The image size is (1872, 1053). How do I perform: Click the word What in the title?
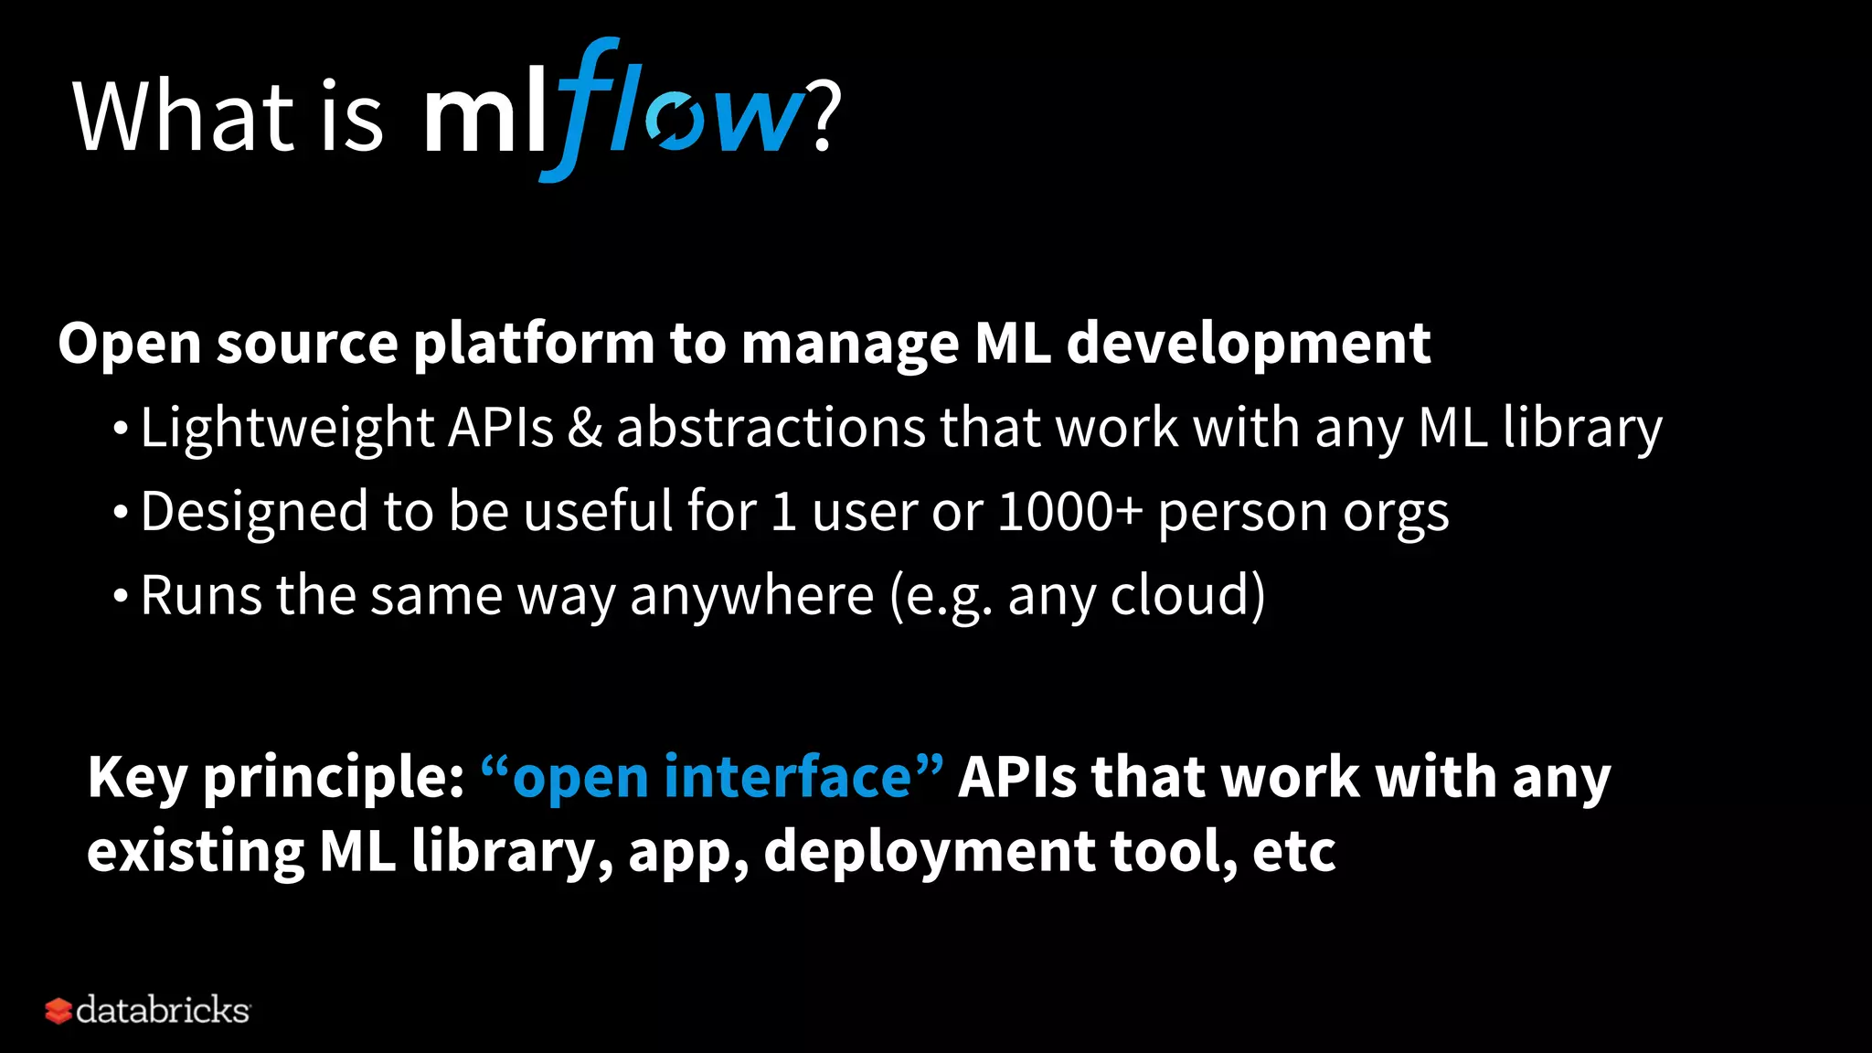pyautogui.click(x=183, y=117)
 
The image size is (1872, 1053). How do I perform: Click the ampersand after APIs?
pyautogui.click(x=584, y=428)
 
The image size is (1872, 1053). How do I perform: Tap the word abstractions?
pyautogui.click(x=771, y=428)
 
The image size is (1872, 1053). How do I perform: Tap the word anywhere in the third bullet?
pyautogui.click(x=751, y=597)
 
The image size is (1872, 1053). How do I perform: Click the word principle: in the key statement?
pyautogui.click(x=334, y=779)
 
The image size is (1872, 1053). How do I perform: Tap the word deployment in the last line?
pyautogui.click(x=929, y=852)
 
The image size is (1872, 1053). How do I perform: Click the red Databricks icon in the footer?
pyautogui.click(x=58, y=1011)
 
